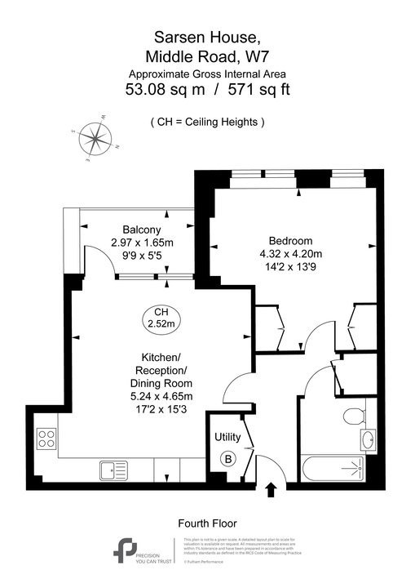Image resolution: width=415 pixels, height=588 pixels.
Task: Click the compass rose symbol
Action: pos(96,138)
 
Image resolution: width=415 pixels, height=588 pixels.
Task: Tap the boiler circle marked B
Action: pos(229,459)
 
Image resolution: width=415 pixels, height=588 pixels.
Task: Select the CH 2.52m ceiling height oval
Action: pos(161,318)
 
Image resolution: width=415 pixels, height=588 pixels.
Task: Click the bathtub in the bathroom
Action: pos(333,470)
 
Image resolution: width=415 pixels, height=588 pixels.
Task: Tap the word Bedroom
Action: pos(291,241)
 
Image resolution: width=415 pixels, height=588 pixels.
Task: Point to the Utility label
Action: pos(228,437)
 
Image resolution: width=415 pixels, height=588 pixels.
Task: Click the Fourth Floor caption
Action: pos(207,523)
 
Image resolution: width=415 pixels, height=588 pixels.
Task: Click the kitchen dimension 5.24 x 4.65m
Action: pos(161,397)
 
